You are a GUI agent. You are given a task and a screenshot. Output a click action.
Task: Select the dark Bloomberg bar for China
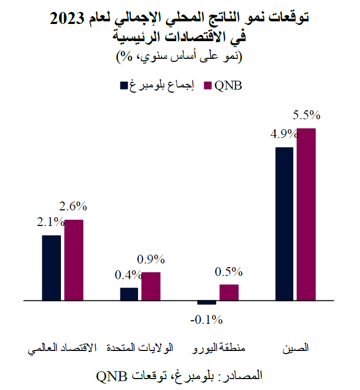284,224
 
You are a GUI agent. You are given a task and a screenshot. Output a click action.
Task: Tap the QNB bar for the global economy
73,260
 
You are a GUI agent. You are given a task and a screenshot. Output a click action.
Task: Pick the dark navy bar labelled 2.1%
52,268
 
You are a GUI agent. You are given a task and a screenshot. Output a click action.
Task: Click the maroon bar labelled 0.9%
151,286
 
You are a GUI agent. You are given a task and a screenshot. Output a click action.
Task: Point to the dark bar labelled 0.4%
129,294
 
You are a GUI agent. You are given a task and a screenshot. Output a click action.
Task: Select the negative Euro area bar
207,303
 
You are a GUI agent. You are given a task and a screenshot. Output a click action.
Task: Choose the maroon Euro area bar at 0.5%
229,293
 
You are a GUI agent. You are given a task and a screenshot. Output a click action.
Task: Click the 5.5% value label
306,116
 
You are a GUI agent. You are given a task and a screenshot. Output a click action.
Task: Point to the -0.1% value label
206,319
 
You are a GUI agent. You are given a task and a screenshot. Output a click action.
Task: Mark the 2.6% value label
73,207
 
